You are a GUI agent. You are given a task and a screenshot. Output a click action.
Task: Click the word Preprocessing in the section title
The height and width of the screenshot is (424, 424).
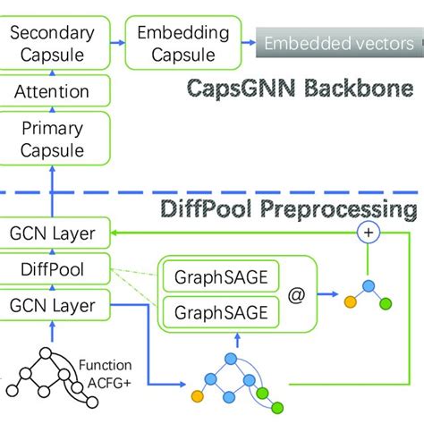tap(343, 209)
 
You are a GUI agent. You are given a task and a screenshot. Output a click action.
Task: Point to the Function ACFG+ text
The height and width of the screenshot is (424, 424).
tap(106, 374)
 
